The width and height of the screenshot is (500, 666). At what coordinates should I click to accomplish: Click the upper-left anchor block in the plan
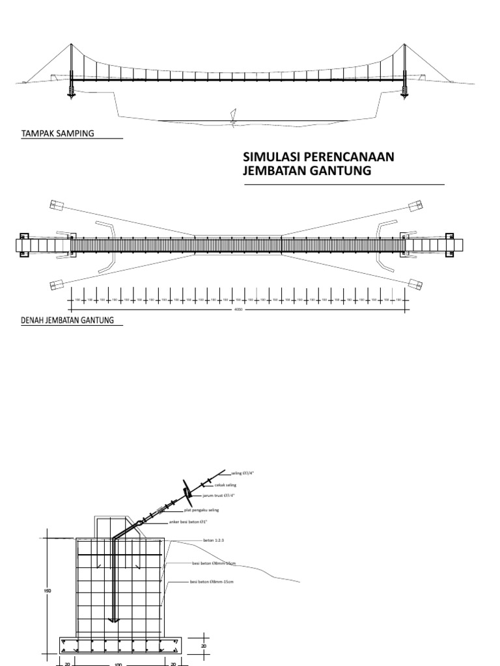pyautogui.click(x=54, y=206)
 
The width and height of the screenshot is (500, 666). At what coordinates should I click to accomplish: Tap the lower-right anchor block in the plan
pyautogui.click(x=415, y=283)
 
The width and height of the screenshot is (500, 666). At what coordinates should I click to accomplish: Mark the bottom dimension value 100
pyautogui.click(x=118, y=663)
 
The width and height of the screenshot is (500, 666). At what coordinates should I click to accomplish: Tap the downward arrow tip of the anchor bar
pyautogui.click(x=114, y=620)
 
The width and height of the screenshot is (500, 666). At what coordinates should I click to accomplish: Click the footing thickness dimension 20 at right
pyautogui.click(x=204, y=646)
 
